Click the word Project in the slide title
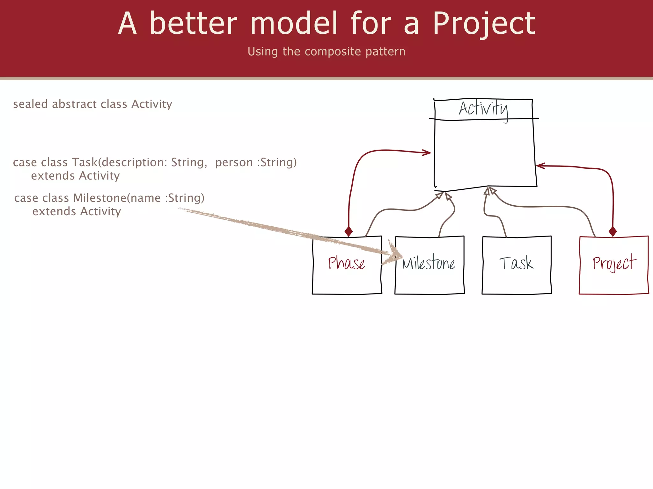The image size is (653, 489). pos(484,24)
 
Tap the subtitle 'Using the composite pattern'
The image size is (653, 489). pos(326,52)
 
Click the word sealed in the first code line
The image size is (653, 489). pos(30,104)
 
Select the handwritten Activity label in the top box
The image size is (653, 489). pos(483,109)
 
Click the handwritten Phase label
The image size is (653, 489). pos(347,263)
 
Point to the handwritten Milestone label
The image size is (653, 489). pos(429,263)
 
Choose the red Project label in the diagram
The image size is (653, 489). pos(614,263)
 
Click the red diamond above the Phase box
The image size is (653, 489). pos(349,231)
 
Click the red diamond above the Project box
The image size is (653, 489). pos(613,231)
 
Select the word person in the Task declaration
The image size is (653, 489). pos(234,163)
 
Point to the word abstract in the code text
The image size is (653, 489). pos(74,104)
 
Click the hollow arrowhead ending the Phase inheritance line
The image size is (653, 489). pos(440,195)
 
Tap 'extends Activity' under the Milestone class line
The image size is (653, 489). pos(77,212)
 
